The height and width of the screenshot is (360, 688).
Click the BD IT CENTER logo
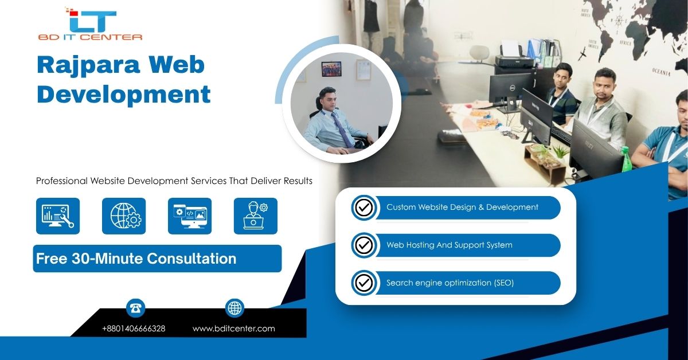click(90, 24)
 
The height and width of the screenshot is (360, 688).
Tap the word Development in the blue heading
click(123, 95)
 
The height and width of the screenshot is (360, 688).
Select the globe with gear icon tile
click(124, 216)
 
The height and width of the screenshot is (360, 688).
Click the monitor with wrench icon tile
click(58, 216)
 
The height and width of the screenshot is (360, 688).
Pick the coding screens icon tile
click(190, 216)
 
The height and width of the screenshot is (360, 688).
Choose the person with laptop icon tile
click(256, 216)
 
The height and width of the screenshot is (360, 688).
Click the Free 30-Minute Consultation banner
click(157, 259)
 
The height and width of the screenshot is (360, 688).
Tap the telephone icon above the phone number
click(135, 308)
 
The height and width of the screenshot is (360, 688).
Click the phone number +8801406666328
click(134, 328)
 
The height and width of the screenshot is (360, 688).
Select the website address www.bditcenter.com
click(234, 328)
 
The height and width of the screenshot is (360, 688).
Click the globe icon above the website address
click(234, 308)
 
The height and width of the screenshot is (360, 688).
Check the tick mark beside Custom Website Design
click(364, 208)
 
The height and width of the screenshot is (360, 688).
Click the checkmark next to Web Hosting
click(364, 245)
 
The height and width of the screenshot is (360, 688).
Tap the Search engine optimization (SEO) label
click(450, 283)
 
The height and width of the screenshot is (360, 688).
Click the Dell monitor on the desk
click(511, 91)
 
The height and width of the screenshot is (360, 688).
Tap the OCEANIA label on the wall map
click(661, 72)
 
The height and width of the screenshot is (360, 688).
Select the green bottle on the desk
click(626, 159)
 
